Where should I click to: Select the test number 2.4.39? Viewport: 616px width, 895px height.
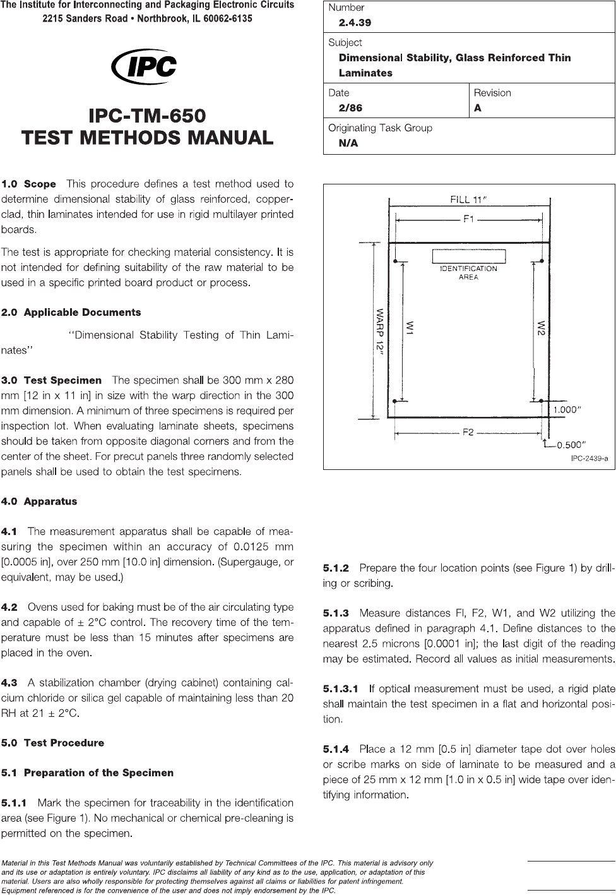point(355,23)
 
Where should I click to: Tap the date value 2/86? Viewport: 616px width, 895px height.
point(350,108)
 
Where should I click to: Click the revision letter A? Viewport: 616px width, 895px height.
point(478,108)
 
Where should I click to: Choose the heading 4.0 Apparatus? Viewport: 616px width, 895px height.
point(39,502)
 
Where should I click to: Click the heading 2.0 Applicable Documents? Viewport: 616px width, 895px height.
point(71,313)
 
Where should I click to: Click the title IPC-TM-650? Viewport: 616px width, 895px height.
point(147,116)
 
